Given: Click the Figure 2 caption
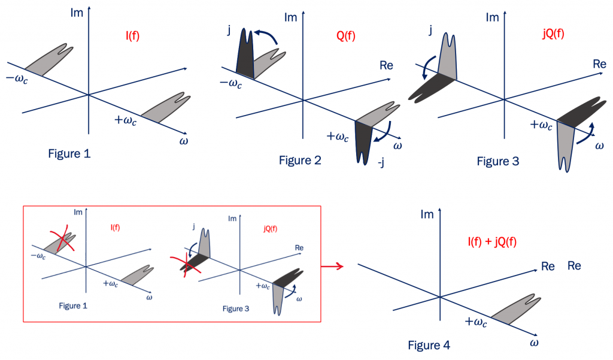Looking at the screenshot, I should (300, 160).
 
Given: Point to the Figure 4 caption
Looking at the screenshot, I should (429, 345).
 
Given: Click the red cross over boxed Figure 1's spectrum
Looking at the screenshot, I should (62, 240).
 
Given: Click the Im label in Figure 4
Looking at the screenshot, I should (427, 214).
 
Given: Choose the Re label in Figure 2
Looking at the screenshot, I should (386, 65).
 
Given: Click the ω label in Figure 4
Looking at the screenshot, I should (534, 343).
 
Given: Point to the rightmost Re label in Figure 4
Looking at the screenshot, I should (574, 265).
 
